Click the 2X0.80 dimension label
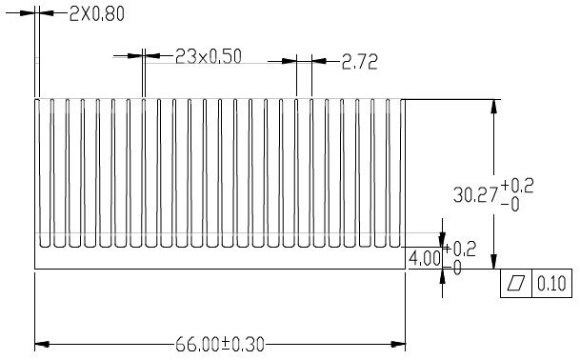tap(97, 14)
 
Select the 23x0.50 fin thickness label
tap(209, 56)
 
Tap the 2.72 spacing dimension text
tap(360, 62)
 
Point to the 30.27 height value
tap(475, 195)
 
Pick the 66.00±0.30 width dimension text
tap(220, 345)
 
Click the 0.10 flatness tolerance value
tap(551, 284)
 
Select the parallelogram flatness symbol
tap(515, 283)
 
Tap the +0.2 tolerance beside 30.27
tap(517, 186)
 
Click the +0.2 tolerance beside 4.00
tap(459, 250)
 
